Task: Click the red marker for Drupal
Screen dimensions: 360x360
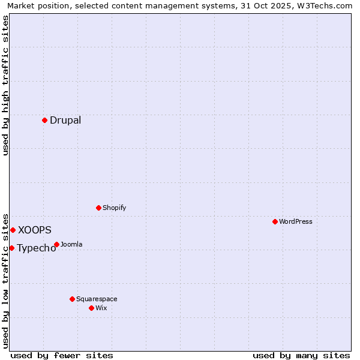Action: coord(44,120)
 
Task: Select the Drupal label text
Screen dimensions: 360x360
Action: coord(65,120)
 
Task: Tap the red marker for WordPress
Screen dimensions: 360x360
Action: coord(275,221)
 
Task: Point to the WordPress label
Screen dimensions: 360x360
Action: coord(296,221)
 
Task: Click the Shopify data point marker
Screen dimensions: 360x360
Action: coord(98,208)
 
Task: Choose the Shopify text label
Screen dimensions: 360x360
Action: coord(114,208)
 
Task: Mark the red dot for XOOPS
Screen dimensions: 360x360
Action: coord(13,230)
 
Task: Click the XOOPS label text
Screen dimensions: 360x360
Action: coord(35,230)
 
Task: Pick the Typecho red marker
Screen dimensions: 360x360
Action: coord(11,248)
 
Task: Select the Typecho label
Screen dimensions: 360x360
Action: coord(37,248)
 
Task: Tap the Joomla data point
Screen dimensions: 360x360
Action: coord(56,244)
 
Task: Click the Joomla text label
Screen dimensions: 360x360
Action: coord(71,244)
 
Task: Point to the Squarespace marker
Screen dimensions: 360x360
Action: coord(72,299)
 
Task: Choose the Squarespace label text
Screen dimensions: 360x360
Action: coord(97,299)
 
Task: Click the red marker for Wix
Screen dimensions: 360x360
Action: coord(91,308)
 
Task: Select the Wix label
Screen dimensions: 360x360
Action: coord(101,308)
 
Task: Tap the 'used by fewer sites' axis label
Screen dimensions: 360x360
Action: coord(62,355)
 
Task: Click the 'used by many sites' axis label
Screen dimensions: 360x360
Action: coord(301,355)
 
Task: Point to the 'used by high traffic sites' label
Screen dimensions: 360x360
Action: coord(5,85)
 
